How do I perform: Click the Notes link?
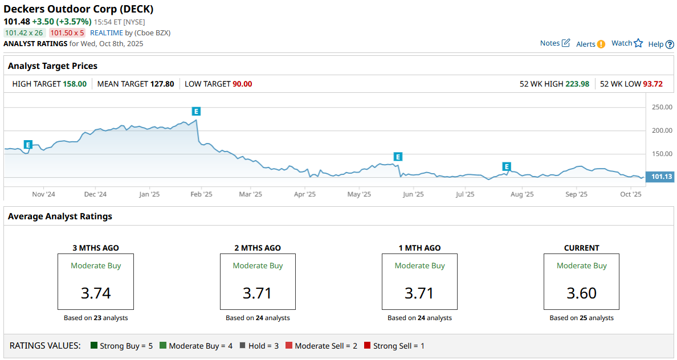(554, 43)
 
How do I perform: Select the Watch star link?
(627, 43)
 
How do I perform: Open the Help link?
(661, 44)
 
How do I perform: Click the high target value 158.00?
(74, 84)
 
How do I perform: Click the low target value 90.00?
(242, 84)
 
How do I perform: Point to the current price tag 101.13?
(661, 177)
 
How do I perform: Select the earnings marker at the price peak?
(197, 111)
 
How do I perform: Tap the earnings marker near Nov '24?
(28, 145)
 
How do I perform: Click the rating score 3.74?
(96, 293)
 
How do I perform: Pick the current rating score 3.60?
(581, 293)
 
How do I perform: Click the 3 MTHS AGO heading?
(96, 248)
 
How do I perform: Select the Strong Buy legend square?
(94, 346)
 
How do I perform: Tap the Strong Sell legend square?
(368, 346)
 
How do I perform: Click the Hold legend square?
(243, 346)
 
